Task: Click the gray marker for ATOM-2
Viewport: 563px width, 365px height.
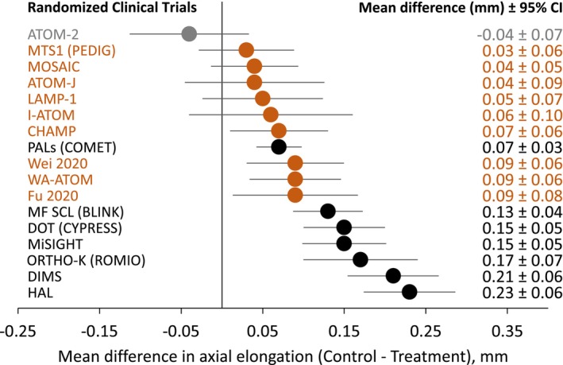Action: tap(189, 33)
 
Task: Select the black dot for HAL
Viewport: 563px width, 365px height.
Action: tap(409, 292)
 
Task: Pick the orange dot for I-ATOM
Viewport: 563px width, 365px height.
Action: tap(271, 115)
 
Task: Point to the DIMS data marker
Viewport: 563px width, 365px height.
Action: tap(393, 276)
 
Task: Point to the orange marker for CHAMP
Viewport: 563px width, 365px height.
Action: tap(279, 130)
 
